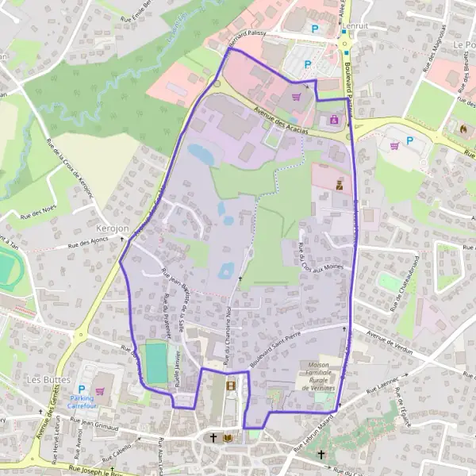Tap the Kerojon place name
(x=112, y=227)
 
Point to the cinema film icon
(x=231, y=386)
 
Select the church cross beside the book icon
(x=213, y=438)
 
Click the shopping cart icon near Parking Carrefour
(x=99, y=390)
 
